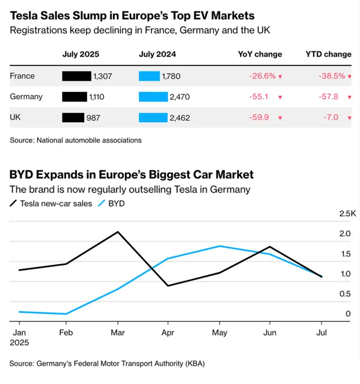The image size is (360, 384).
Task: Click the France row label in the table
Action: [22, 76]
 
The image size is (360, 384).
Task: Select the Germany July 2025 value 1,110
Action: [101, 97]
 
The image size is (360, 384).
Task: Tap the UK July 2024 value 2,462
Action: [179, 118]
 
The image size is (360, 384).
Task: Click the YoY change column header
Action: [260, 54]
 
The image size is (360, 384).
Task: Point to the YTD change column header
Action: [328, 54]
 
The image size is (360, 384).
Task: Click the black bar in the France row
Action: [76, 76]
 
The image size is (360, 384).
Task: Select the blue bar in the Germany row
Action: [153, 97]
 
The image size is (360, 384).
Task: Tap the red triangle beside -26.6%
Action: [280, 77]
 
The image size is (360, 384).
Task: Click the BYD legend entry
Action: [116, 204]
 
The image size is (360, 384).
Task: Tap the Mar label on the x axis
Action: [119, 332]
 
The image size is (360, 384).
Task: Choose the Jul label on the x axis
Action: [322, 332]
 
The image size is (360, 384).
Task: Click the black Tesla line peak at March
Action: [119, 232]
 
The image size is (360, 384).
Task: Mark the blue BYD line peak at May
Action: [220, 246]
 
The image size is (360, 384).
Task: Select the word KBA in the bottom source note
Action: [194, 364]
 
